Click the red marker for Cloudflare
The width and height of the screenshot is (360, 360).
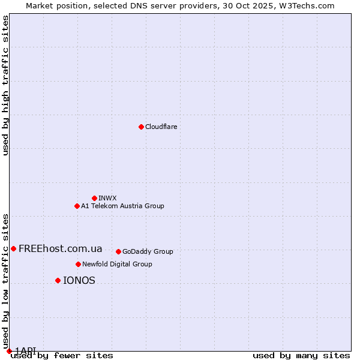141,127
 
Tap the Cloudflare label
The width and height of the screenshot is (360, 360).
161,127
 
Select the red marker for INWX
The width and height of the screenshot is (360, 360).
94,198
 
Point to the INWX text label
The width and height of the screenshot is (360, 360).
107,198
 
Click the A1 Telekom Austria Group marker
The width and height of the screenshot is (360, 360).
77,206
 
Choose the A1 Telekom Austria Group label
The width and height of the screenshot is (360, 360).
122,206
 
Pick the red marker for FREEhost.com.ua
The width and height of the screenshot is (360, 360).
13,248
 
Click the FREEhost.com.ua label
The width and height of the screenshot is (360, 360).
60,248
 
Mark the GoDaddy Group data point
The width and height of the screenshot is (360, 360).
118,251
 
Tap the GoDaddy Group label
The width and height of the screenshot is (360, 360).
148,251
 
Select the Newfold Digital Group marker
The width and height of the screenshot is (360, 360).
78,264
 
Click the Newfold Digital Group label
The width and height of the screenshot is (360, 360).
117,264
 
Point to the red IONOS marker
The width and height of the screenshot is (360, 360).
58,280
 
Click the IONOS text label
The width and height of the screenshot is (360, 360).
79,280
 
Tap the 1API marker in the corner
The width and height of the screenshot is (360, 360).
9,351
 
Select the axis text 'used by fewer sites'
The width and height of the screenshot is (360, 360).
62,356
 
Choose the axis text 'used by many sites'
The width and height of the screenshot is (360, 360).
301,356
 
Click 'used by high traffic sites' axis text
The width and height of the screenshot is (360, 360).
5,85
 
